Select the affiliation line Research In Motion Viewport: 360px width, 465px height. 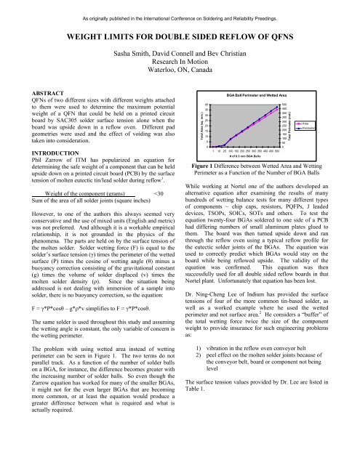click(x=180, y=63)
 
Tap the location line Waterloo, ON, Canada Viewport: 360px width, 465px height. click(x=180, y=73)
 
